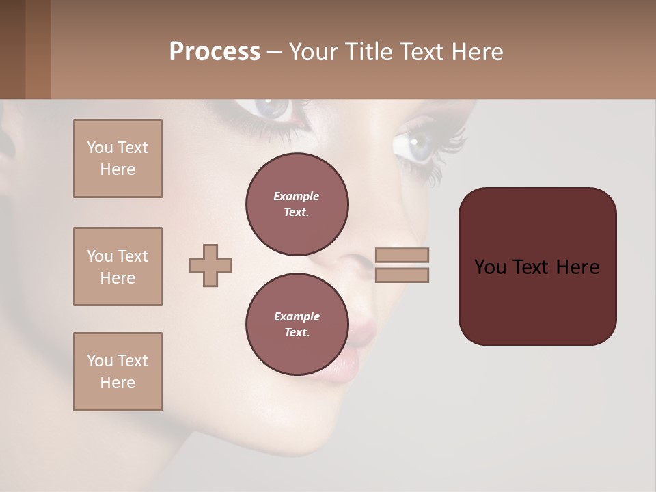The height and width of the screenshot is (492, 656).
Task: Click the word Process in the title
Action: [215, 51]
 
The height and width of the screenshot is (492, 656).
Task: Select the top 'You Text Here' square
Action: [118, 159]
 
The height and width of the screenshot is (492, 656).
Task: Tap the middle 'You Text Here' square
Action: [118, 266]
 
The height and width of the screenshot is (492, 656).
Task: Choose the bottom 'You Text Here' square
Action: [118, 372]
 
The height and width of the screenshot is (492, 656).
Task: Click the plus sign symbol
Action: [210, 265]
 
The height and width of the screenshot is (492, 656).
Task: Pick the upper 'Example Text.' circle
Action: [297, 204]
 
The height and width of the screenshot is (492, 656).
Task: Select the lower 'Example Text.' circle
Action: [297, 324]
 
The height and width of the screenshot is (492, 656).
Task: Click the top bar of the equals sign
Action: [402, 255]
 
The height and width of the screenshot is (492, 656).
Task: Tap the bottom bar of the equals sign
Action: [402, 275]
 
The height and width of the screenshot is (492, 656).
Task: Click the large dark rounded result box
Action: [537, 301]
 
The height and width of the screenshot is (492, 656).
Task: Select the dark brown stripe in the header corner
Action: [12, 49]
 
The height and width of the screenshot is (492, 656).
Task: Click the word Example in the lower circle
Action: [297, 316]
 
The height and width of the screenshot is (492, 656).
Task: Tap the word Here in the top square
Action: [118, 169]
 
